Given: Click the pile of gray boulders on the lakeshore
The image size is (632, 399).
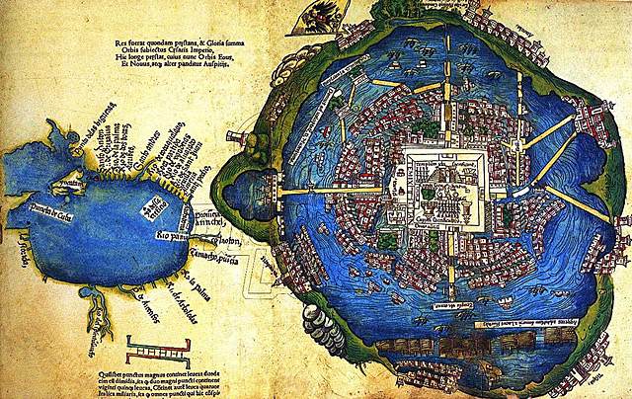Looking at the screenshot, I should click(325, 325).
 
